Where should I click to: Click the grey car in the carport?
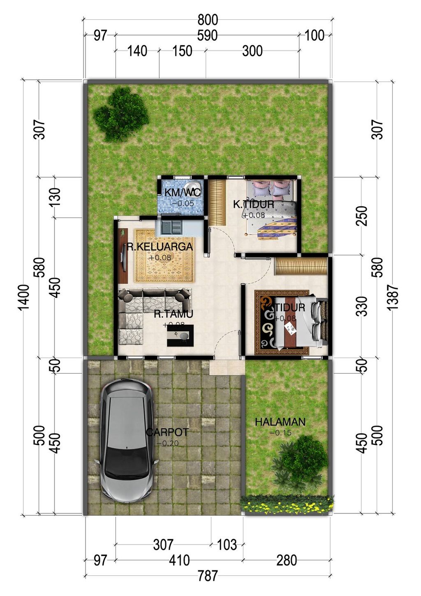126,440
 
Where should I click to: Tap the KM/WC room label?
183,192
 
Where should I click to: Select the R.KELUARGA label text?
160,247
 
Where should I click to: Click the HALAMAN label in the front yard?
280,422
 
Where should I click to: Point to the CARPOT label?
167,432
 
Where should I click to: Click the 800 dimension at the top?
208,20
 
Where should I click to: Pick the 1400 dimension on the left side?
24,297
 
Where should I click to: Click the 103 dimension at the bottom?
227,545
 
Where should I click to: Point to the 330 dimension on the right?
361,306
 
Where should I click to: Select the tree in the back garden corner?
120,114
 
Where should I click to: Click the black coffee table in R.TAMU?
180,335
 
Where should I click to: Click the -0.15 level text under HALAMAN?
280,432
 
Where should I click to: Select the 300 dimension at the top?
252,51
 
